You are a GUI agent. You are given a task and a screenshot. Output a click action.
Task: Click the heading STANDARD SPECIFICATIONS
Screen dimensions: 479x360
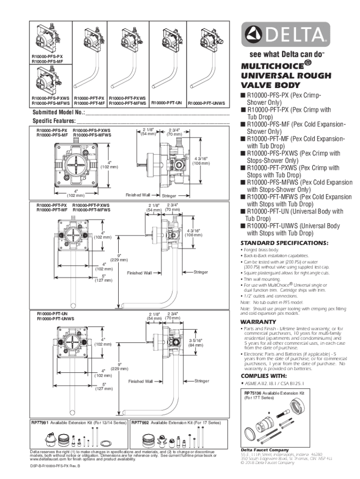(284, 243)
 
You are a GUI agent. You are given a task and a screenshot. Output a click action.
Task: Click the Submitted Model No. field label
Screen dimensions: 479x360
(58, 113)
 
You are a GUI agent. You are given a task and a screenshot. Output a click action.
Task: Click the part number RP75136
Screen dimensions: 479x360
(253, 393)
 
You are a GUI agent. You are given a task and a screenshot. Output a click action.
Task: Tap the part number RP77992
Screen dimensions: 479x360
(140, 422)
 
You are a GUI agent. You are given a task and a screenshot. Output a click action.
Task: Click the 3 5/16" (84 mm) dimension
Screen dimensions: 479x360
(195, 343)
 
